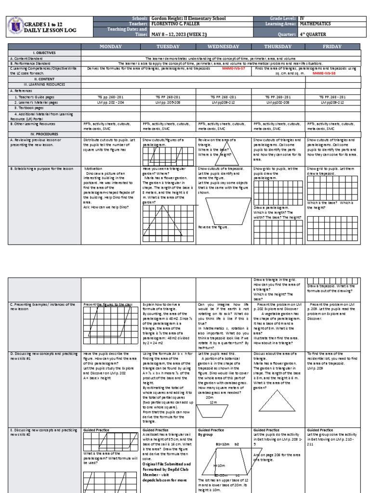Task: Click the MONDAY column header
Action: point(110,46)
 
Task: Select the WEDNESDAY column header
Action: point(224,46)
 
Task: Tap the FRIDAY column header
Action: point(333,46)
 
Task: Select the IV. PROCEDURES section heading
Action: point(44,134)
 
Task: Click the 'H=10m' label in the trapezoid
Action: point(220,466)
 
